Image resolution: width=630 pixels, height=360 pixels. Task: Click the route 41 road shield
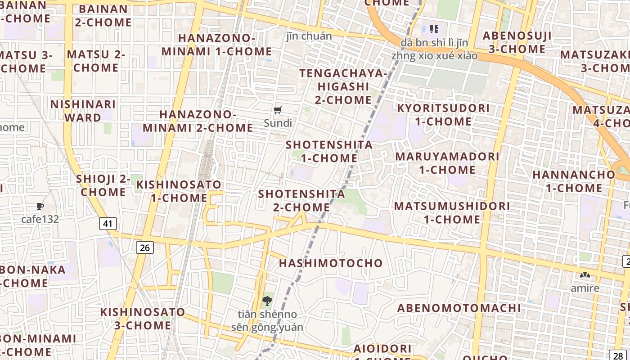pyautogui.click(x=108, y=223)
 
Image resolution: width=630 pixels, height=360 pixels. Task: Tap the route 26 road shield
pyautogui.click(x=144, y=247)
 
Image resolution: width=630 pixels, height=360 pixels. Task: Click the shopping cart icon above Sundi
pyautogui.click(x=278, y=110)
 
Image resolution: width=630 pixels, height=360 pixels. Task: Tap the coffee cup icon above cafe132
pyautogui.click(x=40, y=207)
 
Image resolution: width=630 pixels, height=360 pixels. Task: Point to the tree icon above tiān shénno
pyautogui.click(x=267, y=301)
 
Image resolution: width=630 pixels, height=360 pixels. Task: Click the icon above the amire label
pyautogui.click(x=585, y=275)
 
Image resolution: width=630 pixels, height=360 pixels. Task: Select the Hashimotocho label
pyautogui.click(x=331, y=263)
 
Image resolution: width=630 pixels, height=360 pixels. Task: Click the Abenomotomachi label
pyautogui.click(x=459, y=308)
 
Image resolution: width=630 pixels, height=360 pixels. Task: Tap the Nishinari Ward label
pyautogui.click(x=83, y=111)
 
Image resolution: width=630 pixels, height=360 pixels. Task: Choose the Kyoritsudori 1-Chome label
pyautogui.click(x=443, y=115)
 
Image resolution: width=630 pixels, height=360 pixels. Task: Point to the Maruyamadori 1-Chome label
pyautogui.click(x=447, y=163)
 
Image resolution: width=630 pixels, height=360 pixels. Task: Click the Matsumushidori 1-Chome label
pyautogui.click(x=452, y=212)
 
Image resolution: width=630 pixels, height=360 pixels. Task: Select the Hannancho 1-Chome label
pyautogui.click(x=574, y=181)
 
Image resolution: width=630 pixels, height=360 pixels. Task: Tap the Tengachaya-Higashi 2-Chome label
pyautogui.click(x=343, y=86)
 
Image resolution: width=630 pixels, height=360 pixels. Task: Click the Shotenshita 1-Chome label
pyautogui.click(x=329, y=151)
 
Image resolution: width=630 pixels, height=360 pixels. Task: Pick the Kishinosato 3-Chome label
pyautogui.click(x=142, y=318)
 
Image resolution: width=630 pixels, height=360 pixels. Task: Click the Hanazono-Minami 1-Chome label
pyautogui.click(x=216, y=45)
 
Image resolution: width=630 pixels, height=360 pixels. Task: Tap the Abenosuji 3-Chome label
pyautogui.click(x=517, y=42)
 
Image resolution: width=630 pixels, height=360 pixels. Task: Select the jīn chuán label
pyautogui.click(x=309, y=36)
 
